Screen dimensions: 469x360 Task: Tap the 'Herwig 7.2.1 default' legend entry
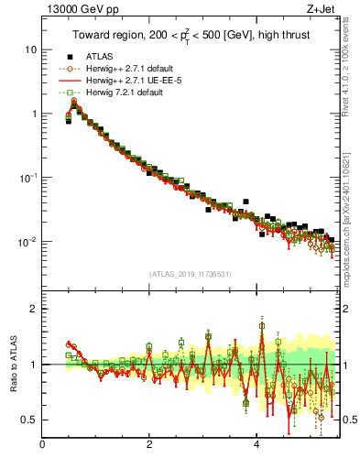point(125,92)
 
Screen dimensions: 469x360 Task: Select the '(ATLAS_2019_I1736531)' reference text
point(191,274)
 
